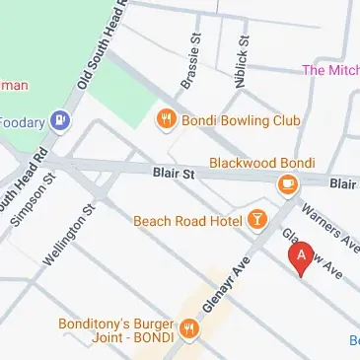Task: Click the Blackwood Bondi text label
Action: pyautogui.click(x=261, y=163)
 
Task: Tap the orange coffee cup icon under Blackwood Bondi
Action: pyautogui.click(x=287, y=183)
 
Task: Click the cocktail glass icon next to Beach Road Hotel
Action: pyautogui.click(x=256, y=219)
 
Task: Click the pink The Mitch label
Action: pyautogui.click(x=329, y=70)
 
